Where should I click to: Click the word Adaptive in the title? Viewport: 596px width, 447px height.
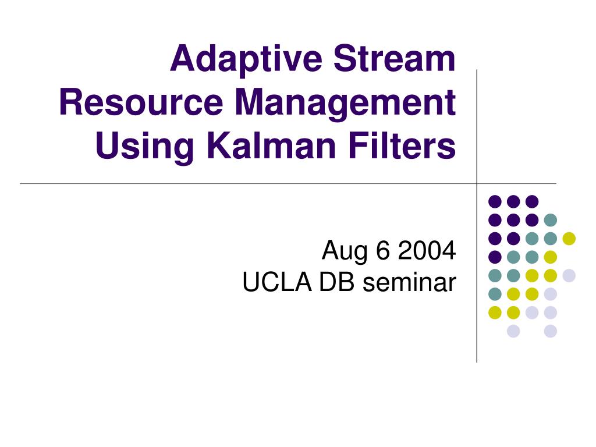[x=246, y=61]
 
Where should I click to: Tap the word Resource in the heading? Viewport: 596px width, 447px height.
[x=141, y=102]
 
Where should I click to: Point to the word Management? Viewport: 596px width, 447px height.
[x=345, y=104]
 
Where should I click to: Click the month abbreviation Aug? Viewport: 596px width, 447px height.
[x=345, y=252]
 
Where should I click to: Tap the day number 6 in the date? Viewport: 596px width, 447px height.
[x=383, y=250]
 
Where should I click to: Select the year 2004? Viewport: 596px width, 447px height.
[x=427, y=250]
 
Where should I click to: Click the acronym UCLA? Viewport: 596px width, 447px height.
[x=276, y=282]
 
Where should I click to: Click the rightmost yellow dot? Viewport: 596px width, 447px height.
[x=569, y=238]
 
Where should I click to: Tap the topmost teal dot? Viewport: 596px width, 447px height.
[x=551, y=219]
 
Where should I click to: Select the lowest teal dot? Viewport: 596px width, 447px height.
[x=495, y=294]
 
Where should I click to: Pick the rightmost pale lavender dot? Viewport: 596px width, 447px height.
[x=569, y=275]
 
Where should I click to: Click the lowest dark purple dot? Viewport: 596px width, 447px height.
[x=495, y=257]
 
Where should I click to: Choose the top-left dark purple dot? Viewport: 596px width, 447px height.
[x=495, y=201]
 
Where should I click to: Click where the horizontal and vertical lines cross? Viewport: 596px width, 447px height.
[x=477, y=183]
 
